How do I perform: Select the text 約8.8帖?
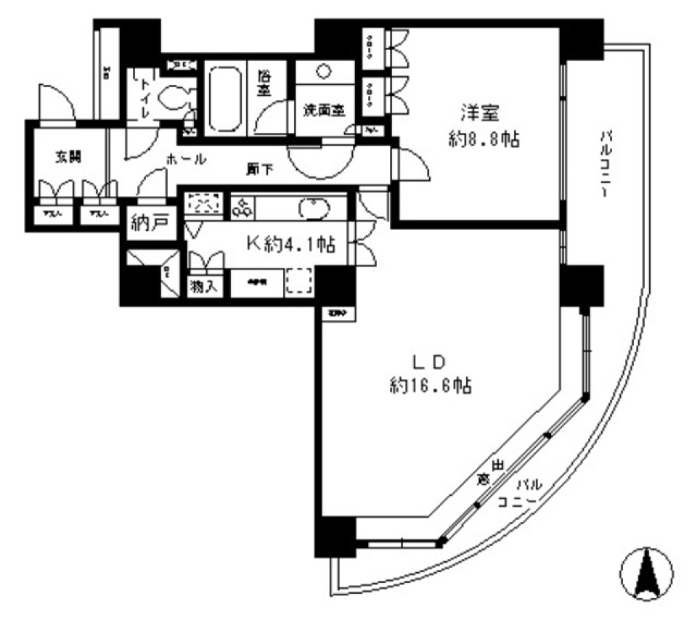tap(484, 139)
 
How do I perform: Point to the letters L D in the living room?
tap(429, 361)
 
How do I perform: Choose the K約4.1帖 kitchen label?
tap(290, 245)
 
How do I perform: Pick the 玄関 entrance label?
tap(66, 156)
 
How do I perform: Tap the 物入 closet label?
tap(203, 285)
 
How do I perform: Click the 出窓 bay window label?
tap(490, 471)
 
